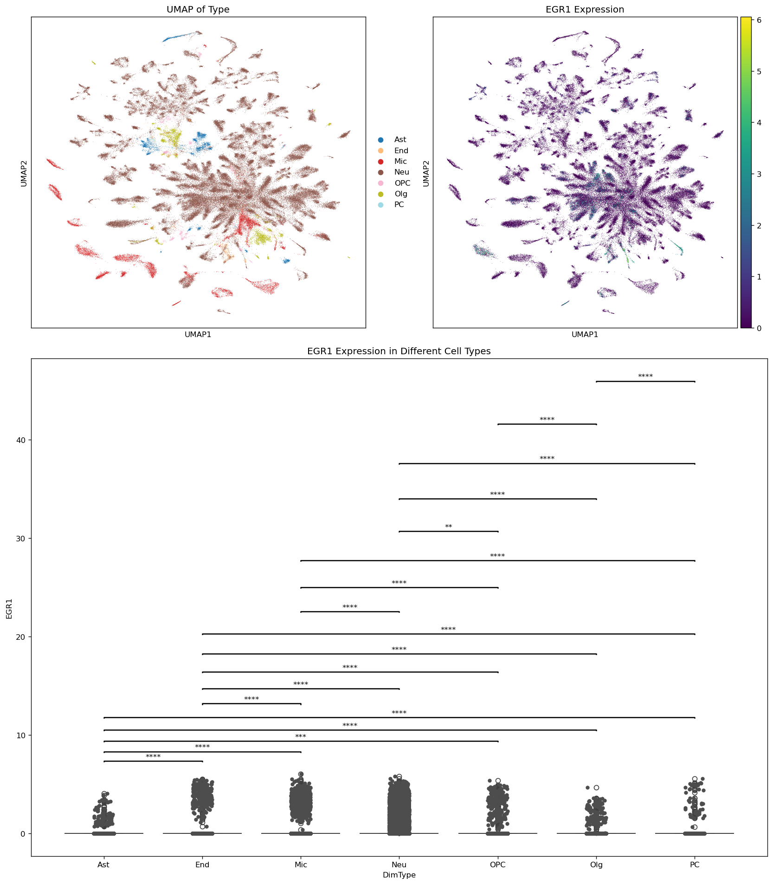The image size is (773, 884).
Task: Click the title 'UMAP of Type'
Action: click(x=198, y=10)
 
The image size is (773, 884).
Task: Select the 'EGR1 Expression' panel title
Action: click(x=585, y=10)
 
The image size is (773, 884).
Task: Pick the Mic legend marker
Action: click(x=381, y=162)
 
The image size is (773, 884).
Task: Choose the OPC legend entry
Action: click(x=402, y=183)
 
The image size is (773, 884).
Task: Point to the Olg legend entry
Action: click(x=400, y=194)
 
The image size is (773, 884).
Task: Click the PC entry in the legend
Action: click(x=399, y=205)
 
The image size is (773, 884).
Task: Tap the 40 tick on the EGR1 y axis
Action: click(x=22, y=440)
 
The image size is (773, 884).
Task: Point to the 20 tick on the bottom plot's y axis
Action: click(x=22, y=637)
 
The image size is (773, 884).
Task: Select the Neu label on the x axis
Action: click(x=399, y=865)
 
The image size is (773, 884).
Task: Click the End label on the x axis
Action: click(x=202, y=865)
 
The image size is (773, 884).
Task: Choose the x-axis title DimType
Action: click(x=399, y=875)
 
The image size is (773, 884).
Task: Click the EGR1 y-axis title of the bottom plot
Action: click(x=9, y=608)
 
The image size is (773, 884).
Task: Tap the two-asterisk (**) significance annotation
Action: click(x=448, y=527)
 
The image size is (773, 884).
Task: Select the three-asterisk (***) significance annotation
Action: click(x=301, y=737)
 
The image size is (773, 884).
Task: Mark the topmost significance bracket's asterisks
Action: click(x=645, y=377)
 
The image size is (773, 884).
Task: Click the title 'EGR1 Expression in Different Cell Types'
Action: click(x=399, y=351)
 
